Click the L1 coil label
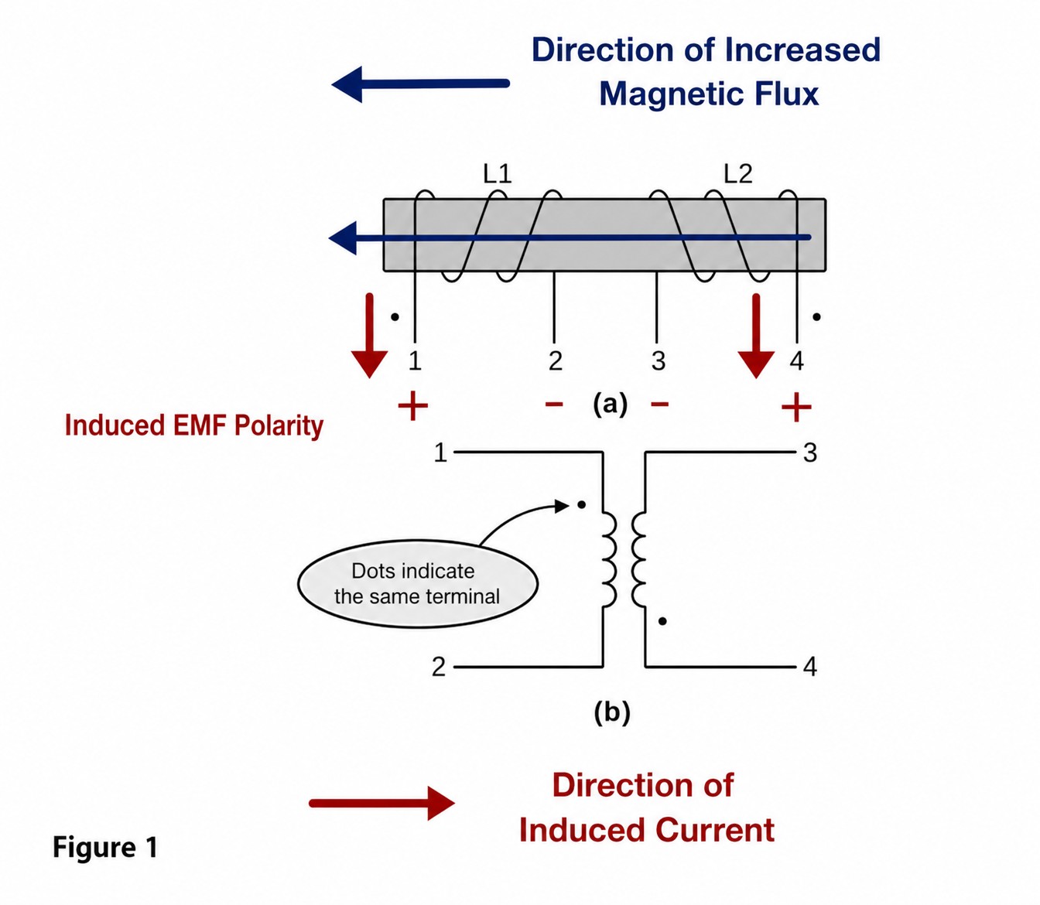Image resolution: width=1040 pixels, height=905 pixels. tap(497, 174)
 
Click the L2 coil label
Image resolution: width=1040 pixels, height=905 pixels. tap(737, 174)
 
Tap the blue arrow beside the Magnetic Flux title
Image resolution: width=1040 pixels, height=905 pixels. tap(420, 84)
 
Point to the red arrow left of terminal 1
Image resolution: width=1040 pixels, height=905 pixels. tap(370, 336)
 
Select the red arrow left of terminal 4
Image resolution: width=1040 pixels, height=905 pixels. tap(756, 336)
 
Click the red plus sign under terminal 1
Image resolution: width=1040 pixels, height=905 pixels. tap(412, 405)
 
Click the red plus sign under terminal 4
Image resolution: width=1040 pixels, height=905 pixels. tap(796, 407)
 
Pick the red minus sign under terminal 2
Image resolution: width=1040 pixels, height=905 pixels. tap(554, 405)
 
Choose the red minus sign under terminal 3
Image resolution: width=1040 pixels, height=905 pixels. tap(659, 405)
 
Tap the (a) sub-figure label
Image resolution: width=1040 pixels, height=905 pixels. tap(610, 405)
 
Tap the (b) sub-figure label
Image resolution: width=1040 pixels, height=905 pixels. tap(612, 712)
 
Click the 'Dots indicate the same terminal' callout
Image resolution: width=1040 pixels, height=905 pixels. tap(417, 584)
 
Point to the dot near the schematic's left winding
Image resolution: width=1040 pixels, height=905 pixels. tap(581, 504)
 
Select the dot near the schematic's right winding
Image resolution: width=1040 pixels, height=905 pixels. tap(662, 621)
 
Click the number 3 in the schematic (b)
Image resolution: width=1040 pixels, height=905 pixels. tap(810, 452)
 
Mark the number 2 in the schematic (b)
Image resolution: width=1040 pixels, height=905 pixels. tap(439, 668)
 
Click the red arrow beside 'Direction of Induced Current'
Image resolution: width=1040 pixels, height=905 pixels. tap(381, 804)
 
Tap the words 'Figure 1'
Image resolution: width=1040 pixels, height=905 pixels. tap(105, 848)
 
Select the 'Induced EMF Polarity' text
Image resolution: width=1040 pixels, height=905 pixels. tap(194, 426)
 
